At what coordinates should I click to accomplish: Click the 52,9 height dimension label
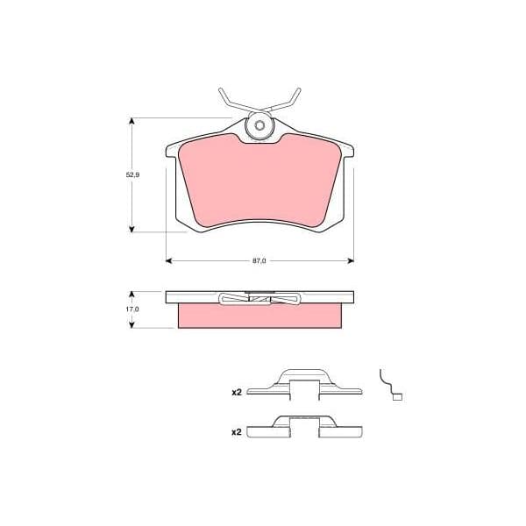tap(132, 174)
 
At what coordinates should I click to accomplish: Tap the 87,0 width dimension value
tap(259, 261)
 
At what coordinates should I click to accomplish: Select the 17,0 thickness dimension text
tap(132, 309)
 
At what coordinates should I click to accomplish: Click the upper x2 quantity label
tap(237, 392)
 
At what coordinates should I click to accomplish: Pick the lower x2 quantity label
tap(237, 432)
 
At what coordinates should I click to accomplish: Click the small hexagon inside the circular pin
tap(259, 125)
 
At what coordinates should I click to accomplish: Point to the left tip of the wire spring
tap(220, 89)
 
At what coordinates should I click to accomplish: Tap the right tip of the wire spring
tap(299, 89)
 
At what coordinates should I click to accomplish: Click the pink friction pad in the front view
tap(260, 181)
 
